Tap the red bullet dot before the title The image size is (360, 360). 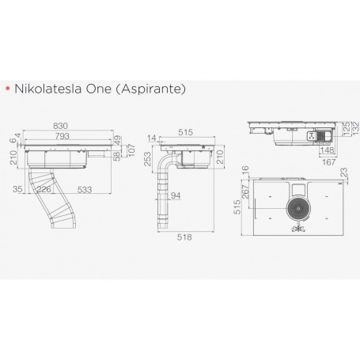7,89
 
